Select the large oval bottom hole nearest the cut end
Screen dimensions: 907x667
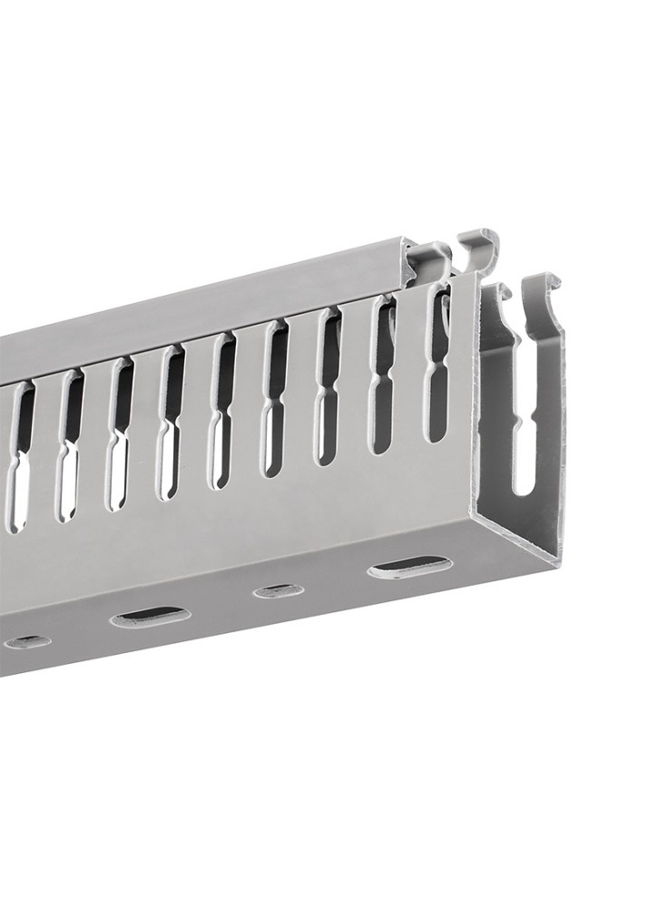point(410,568)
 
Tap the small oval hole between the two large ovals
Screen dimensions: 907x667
point(279,591)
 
